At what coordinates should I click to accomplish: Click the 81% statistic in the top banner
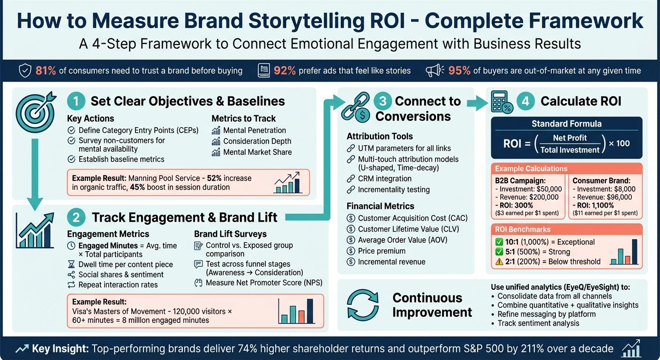[46, 71]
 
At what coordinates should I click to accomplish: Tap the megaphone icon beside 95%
[435, 71]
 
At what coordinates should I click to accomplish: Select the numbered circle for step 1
[76, 101]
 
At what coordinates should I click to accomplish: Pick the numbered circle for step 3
[382, 101]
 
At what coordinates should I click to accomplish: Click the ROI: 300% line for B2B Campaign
[514, 205]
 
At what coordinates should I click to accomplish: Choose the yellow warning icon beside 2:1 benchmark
[500, 262]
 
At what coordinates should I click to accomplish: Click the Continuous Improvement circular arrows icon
[362, 304]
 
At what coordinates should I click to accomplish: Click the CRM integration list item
[384, 179]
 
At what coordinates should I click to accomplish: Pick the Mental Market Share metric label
[257, 152]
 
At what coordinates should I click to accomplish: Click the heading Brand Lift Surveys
[230, 234]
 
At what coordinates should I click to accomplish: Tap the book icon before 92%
[264, 71]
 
